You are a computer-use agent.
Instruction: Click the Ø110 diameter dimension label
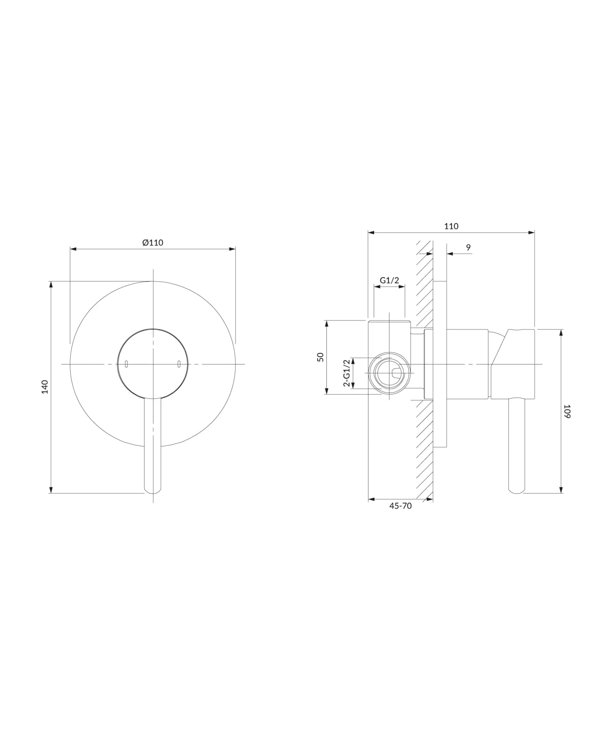pos(153,242)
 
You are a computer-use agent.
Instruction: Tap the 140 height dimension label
pos(45,387)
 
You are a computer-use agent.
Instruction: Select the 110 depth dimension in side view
pos(451,226)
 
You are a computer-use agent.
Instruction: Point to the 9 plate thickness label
pos(468,247)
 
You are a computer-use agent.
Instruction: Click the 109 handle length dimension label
pos(567,411)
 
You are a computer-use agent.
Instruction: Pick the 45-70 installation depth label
pos(401,506)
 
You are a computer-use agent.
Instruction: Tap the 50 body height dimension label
pos(320,357)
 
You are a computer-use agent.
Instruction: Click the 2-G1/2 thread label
pos(347,373)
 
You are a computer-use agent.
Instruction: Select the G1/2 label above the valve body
pos(389,280)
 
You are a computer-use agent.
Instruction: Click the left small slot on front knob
pos(126,364)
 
